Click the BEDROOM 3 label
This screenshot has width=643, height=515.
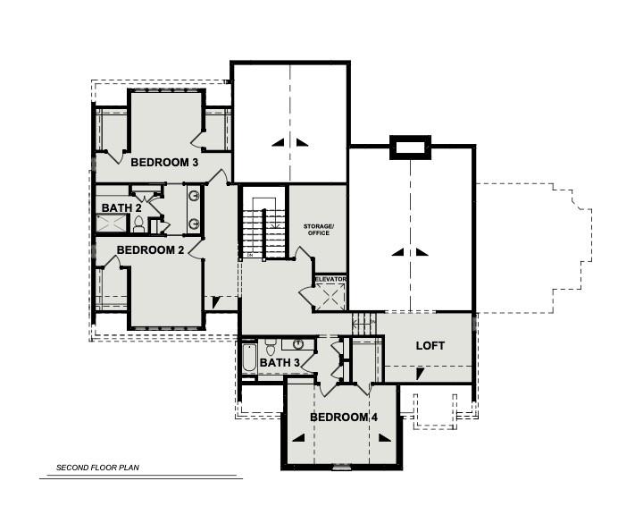point(164,163)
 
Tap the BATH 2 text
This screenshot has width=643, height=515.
point(121,208)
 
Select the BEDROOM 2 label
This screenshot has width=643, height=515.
point(150,250)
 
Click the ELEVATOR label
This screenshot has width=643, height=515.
point(330,279)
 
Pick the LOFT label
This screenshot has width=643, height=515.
point(430,345)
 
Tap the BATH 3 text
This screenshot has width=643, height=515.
point(280,363)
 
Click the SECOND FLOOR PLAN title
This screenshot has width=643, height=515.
point(98,468)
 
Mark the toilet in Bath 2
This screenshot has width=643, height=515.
point(138,226)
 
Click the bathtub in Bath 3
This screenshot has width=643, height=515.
point(249,360)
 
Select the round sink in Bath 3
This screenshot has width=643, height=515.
point(297,344)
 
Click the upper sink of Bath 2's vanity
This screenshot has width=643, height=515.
point(193,196)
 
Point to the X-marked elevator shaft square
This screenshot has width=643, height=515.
point(330,297)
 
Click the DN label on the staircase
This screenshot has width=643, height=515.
point(250,255)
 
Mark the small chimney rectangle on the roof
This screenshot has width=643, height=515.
point(411,148)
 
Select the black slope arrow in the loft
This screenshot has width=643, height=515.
point(418,373)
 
